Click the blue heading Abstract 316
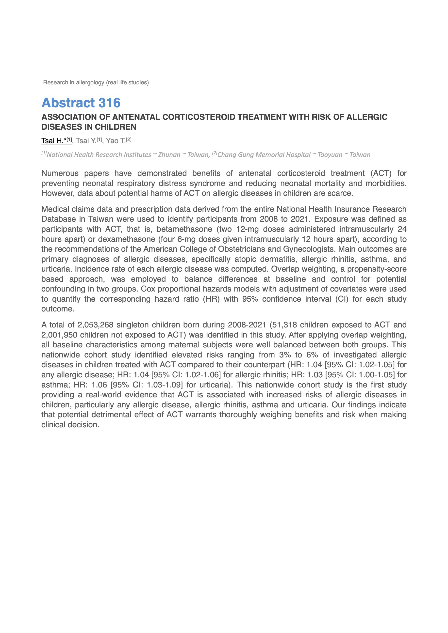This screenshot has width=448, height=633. coord(81,103)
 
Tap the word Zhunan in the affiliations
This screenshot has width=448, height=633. coord(169,155)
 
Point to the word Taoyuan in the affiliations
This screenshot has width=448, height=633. coord(330,155)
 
